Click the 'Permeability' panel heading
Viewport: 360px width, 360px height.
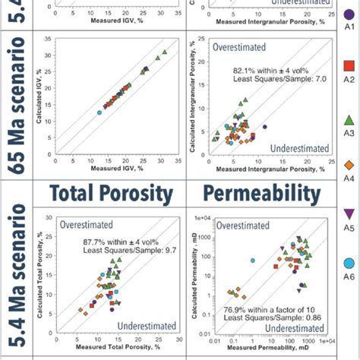(x=257, y=191)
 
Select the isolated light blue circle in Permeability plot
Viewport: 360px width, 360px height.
(x=252, y=261)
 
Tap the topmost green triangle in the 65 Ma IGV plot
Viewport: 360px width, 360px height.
(x=164, y=52)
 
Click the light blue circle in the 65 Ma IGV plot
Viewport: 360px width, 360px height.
(x=99, y=112)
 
